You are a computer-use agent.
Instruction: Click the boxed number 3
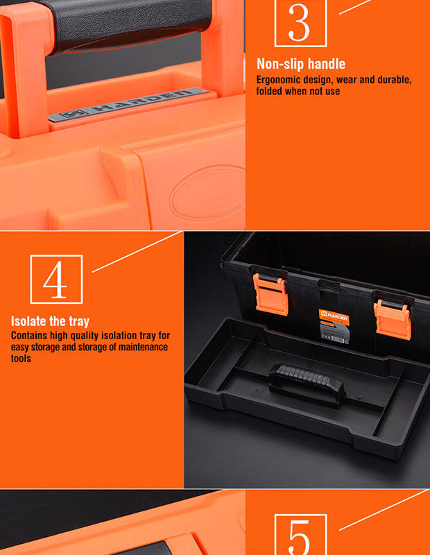pos(300,22)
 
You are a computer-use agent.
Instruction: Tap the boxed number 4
pos(56,280)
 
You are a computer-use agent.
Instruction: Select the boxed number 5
pos(300,534)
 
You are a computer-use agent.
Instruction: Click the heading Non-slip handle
pos(301,64)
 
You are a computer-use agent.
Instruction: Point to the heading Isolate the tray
pos(50,321)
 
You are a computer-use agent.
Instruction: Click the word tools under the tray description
pos(21,358)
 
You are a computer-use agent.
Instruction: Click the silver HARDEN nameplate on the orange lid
pos(128,105)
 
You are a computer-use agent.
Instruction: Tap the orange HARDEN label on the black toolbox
pos(334,317)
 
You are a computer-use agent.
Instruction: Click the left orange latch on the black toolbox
pos(270,294)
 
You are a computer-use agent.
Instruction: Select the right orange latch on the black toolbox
pos(393,320)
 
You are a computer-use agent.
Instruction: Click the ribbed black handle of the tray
pos(307,382)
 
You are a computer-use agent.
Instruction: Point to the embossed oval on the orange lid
pos(208,193)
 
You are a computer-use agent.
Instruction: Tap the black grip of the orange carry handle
pos(128,25)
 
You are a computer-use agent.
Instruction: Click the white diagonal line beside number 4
pos(137,252)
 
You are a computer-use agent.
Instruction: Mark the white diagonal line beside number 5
pos(384,510)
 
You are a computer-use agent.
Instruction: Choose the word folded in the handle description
pos(269,91)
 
